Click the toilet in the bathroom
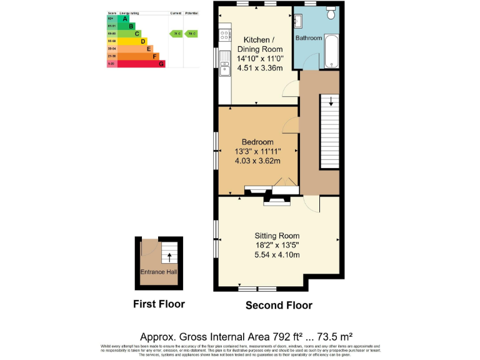pos(331,12)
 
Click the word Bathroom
pos(309,38)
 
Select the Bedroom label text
pos(257,142)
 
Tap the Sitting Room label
pos(277,236)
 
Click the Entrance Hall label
pos(158,272)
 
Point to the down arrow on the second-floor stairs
pos(331,100)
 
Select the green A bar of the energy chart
pos(123,19)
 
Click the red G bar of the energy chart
pos(141,64)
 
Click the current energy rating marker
pos(176,34)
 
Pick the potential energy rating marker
pos(191,34)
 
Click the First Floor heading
pos(159,304)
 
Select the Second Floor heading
pos(278,306)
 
